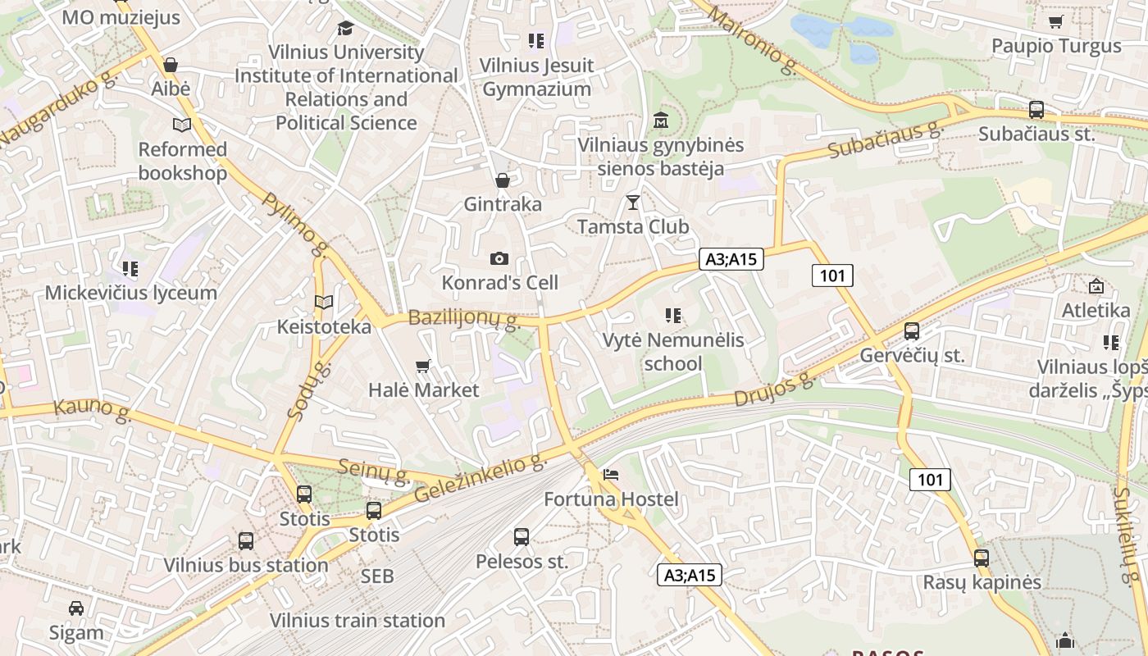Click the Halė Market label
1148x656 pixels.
(x=423, y=389)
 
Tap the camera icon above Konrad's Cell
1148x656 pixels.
(x=499, y=259)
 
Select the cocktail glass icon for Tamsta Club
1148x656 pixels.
(x=632, y=202)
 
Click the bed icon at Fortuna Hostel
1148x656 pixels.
(x=611, y=474)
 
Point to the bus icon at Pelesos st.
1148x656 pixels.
(x=522, y=537)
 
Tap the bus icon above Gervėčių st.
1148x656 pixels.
(x=911, y=331)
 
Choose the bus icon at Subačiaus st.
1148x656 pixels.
(x=1036, y=110)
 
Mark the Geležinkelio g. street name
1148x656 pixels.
(x=481, y=479)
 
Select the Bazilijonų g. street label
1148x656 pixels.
(x=464, y=319)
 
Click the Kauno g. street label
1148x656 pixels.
(x=93, y=410)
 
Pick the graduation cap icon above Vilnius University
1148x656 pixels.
(x=345, y=29)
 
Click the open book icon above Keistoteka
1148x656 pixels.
(x=324, y=303)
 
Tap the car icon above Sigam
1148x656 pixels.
(x=76, y=608)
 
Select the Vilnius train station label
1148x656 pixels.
(x=358, y=620)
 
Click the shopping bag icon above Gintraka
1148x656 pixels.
(x=503, y=180)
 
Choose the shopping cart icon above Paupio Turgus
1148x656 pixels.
(x=1056, y=21)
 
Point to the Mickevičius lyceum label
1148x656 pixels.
(x=131, y=293)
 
